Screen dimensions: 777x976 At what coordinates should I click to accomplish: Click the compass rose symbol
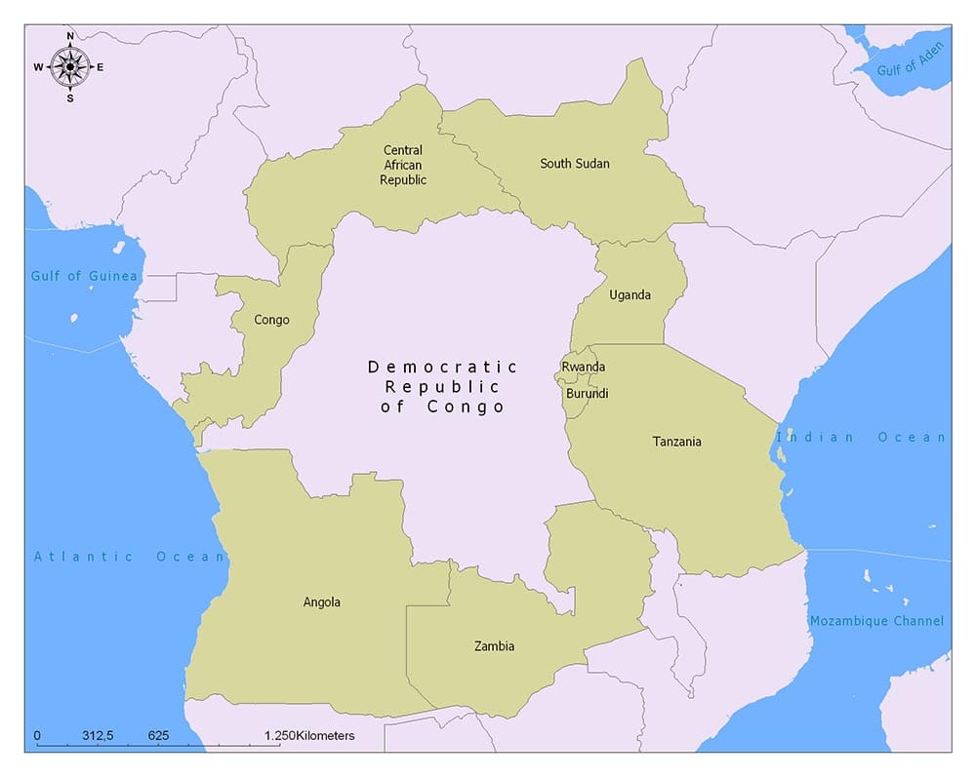click(x=70, y=66)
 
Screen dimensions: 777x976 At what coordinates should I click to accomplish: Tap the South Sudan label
click(x=575, y=164)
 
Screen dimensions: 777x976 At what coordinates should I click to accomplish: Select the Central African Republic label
click(x=403, y=165)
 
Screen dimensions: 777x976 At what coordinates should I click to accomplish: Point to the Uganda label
click(x=630, y=295)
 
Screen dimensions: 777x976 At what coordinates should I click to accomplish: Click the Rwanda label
click(x=583, y=367)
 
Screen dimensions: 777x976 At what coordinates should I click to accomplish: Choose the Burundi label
click(x=587, y=394)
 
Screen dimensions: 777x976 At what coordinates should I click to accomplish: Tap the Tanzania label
click(x=676, y=442)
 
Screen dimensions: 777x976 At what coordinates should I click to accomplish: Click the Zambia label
click(x=494, y=646)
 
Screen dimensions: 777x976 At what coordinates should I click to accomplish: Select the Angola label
click(x=322, y=602)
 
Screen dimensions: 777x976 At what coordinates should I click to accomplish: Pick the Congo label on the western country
click(x=271, y=320)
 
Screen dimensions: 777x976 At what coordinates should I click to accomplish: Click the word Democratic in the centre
click(x=442, y=367)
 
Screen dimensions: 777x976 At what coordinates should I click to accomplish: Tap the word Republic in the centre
click(x=442, y=387)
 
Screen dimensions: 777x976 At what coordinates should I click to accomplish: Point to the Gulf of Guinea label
click(x=84, y=276)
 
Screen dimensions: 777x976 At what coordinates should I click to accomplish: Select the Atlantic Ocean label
click(x=130, y=557)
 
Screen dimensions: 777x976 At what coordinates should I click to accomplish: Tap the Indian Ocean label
click(x=861, y=438)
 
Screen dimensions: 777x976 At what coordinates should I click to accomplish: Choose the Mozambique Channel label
click(x=876, y=621)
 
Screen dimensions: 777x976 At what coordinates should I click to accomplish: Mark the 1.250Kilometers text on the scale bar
click(x=309, y=735)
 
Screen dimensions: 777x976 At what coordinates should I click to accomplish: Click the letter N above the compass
click(x=70, y=36)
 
